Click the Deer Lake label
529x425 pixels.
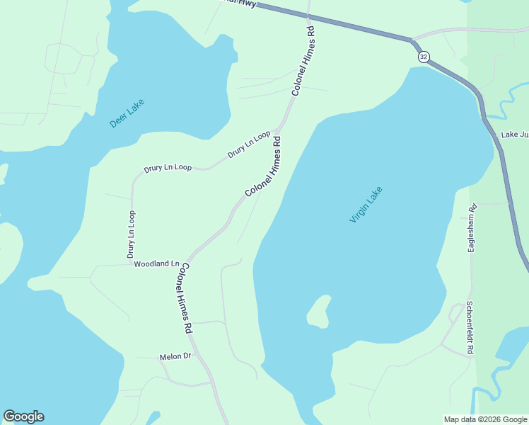(x=127, y=113)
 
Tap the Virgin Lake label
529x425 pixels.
(x=366, y=204)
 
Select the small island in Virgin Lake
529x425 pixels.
(x=319, y=312)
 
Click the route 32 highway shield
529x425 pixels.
(x=423, y=57)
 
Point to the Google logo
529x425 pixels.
(x=23, y=416)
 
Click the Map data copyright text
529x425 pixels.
(x=485, y=419)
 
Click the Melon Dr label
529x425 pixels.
(x=175, y=356)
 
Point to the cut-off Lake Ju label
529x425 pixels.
(x=515, y=135)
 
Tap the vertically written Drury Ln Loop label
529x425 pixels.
(x=131, y=234)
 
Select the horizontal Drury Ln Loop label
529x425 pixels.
(x=168, y=169)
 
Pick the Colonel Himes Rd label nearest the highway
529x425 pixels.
(x=303, y=62)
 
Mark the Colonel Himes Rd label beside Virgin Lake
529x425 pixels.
(x=264, y=166)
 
